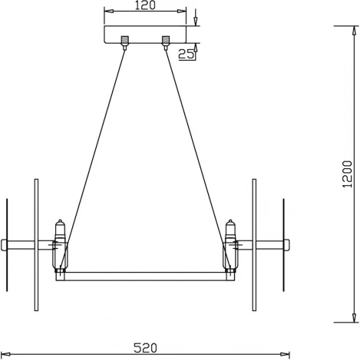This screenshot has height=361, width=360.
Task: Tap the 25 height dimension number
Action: [184, 54]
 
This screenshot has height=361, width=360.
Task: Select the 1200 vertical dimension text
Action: [348, 174]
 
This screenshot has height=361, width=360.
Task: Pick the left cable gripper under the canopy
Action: [124, 41]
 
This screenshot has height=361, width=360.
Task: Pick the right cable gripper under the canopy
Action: [165, 41]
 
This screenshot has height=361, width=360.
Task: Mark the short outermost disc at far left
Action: [6, 246]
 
